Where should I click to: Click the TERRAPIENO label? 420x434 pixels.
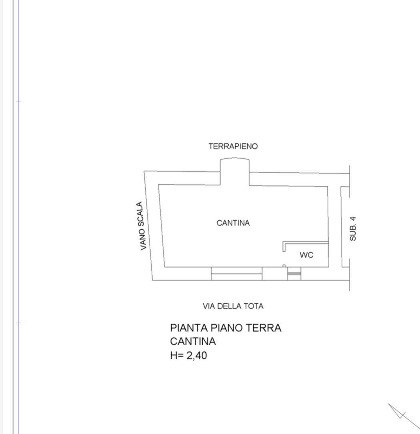tap(233, 146)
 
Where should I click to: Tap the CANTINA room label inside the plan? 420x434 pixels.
tap(233, 223)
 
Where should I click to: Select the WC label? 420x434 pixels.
tap(306, 255)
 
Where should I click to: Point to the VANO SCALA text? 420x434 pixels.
tap(142, 226)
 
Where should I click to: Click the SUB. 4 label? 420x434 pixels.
tap(353, 229)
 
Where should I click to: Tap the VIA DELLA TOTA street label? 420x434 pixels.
tap(233, 306)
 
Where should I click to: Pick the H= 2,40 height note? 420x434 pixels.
tap(188, 355)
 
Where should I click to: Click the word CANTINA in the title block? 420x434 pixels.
tap(193, 342)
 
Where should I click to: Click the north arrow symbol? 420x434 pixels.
tap(403, 416)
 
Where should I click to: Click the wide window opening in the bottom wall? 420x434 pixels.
tap(236, 274)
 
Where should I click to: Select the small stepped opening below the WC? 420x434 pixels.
tap(294, 274)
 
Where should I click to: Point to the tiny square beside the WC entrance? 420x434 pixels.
tap(284, 266)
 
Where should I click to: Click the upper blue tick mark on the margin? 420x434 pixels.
tap(18, 102)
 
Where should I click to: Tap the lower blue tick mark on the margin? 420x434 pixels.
tap(18, 323)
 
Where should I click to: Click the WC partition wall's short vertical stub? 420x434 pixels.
tap(284, 247)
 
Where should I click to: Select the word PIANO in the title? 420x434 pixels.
tap(227, 328)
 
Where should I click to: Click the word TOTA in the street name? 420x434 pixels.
tap(254, 306)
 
